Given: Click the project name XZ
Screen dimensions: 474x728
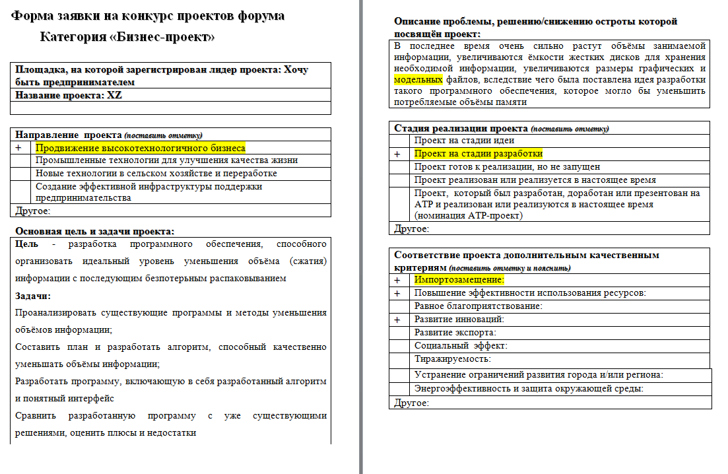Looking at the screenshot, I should click(115, 95).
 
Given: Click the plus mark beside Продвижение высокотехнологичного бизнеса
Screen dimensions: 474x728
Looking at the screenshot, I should click(18, 149).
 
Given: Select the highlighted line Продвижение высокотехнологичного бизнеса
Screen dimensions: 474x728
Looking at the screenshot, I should click(140, 149).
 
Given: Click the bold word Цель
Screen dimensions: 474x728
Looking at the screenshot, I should click(26, 244).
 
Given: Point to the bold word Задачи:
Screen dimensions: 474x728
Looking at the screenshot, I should click(33, 296).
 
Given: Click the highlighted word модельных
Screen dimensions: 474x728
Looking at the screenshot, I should click(418, 79).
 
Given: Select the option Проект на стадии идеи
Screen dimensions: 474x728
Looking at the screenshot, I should click(464, 140).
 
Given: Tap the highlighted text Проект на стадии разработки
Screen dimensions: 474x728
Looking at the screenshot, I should click(479, 154).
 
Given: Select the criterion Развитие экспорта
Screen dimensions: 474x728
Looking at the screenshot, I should click(455, 333).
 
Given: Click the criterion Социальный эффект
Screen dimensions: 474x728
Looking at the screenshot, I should click(461, 346).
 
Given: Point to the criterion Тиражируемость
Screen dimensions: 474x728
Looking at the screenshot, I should click(453, 359).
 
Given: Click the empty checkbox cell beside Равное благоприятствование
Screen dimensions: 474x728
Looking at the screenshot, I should click(400, 306).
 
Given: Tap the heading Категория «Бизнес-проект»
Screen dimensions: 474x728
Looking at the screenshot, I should click(127, 37).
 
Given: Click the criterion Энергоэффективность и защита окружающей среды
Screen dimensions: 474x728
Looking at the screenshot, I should click(529, 388).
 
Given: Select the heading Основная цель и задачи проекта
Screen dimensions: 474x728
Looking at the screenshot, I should click(95, 231).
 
